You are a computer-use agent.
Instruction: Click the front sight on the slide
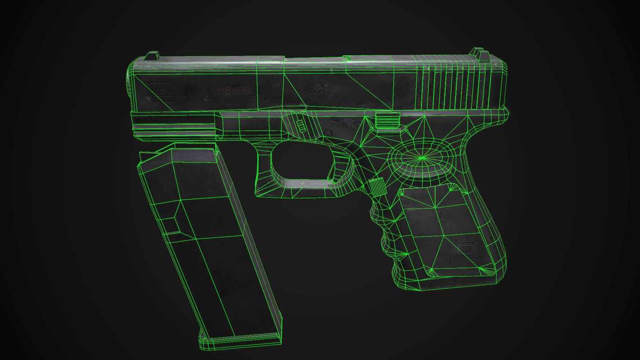tap(152, 56)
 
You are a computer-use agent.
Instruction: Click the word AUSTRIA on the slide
tap(232, 90)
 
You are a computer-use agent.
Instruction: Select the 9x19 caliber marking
tap(319, 90)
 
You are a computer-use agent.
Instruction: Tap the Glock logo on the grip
tap(466, 247)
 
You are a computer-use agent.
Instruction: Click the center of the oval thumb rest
tap(422, 158)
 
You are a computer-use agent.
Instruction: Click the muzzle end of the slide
tap(131, 85)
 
